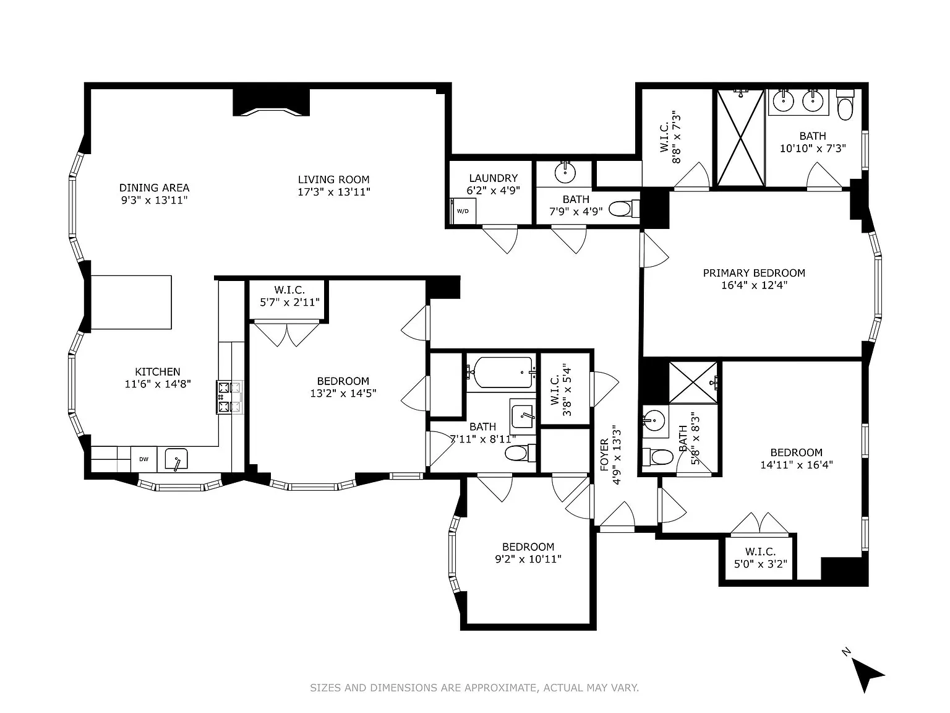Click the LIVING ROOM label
tap(333, 179)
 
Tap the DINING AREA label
tap(154, 188)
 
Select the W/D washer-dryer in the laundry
tap(463, 211)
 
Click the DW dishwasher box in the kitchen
tap(143, 459)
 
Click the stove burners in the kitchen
tap(229, 397)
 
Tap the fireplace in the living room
tap(271, 103)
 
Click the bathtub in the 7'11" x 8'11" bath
tap(500, 372)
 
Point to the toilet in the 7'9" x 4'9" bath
tap(622, 209)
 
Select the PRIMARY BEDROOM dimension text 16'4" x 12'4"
tap(754, 285)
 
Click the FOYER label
tap(605, 456)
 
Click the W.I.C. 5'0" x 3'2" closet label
tap(760, 551)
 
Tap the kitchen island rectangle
tap(131, 303)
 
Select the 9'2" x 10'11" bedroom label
tap(528, 547)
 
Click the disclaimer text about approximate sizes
tap(474, 688)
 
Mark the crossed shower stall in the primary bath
tap(740, 137)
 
